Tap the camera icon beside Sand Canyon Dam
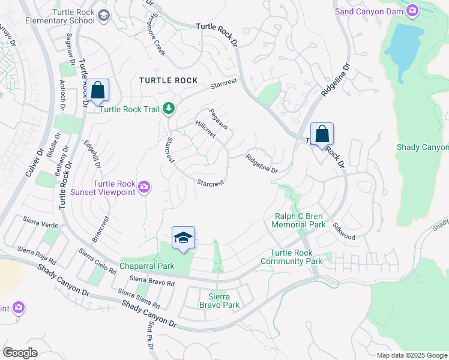pyautogui.click(x=412, y=10)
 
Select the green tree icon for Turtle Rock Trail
pyautogui.click(x=170, y=108)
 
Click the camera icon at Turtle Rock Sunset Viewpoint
pyautogui.click(x=143, y=188)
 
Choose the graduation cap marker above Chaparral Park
pyautogui.click(x=183, y=237)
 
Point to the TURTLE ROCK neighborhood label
pyautogui.click(x=168, y=80)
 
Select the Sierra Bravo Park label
pyautogui.click(x=219, y=301)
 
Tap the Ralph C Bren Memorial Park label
pyautogui.click(x=298, y=220)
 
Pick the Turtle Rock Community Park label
pyautogui.click(x=296, y=257)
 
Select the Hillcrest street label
pyautogui.click(x=205, y=128)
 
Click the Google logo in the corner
pyautogui.click(x=20, y=352)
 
